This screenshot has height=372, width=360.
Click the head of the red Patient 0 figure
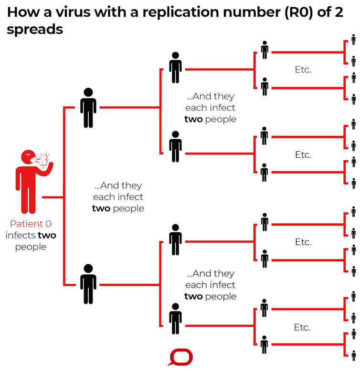click(28, 157)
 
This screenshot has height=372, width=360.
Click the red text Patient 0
click(31, 224)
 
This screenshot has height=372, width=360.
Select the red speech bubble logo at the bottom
click(180, 357)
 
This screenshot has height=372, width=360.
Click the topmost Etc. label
click(303, 70)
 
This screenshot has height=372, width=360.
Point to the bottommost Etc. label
click(302, 327)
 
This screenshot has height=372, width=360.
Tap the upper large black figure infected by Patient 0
click(88, 108)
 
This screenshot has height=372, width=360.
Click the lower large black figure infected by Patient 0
click(88, 284)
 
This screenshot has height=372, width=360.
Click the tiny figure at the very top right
click(354, 40)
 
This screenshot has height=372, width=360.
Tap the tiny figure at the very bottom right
click(354, 356)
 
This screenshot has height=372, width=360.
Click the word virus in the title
click(73, 12)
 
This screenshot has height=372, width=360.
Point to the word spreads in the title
click(35, 30)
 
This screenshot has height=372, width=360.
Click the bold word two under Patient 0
click(47, 235)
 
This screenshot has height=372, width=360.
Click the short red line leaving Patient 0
click(53, 197)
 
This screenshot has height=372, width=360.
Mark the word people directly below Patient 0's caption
click(31, 247)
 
